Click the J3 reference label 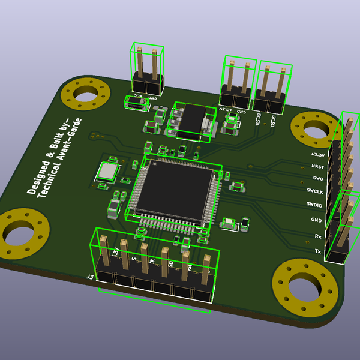click(90, 277)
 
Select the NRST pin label click(317, 166)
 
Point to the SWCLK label click(315, 191)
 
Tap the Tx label click(318, 251)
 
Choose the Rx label click(317, 236)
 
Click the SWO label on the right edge click(318, 179)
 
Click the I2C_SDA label click(258, 119)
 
